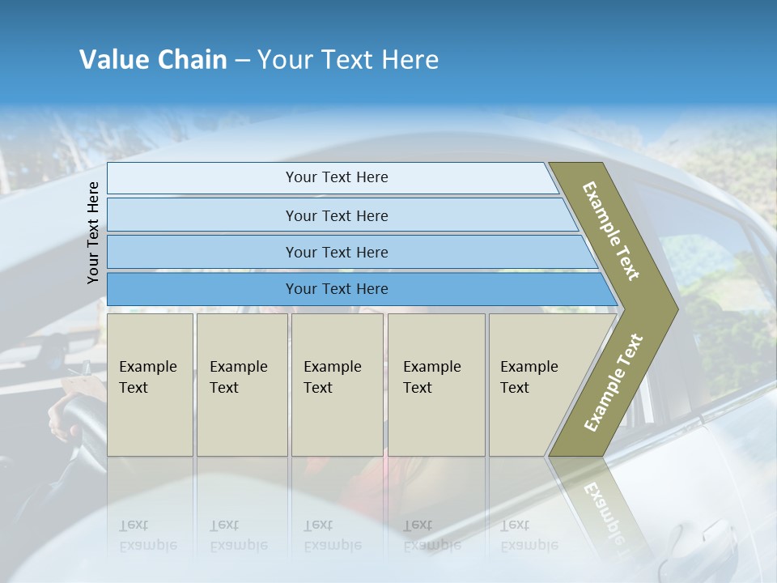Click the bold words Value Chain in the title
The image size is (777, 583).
[153, 60]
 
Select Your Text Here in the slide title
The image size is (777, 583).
[348, 60]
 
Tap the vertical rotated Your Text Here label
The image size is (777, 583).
[94, 232]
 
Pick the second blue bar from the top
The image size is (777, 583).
[336, 215]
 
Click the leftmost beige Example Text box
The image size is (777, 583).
[150, 385]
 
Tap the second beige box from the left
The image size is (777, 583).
[242, 385]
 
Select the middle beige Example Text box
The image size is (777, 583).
[337, 385]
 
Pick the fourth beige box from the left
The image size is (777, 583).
[436, 385]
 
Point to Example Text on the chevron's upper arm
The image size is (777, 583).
[611, 231]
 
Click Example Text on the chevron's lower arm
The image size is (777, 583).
[613, 382]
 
